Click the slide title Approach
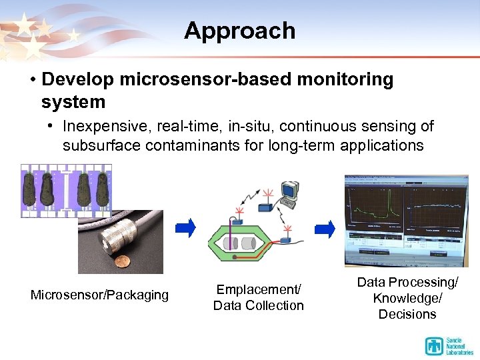[x=239, y=31]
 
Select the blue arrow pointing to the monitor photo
[x=325, y=229]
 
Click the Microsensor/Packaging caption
[x=99, y=295]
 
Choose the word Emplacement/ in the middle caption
[x=259, y=290]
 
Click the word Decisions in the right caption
[x=407, y=314]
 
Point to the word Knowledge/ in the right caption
[x=407, y=298]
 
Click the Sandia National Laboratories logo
[x=447, y=345]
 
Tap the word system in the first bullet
[x=73, y=103]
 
